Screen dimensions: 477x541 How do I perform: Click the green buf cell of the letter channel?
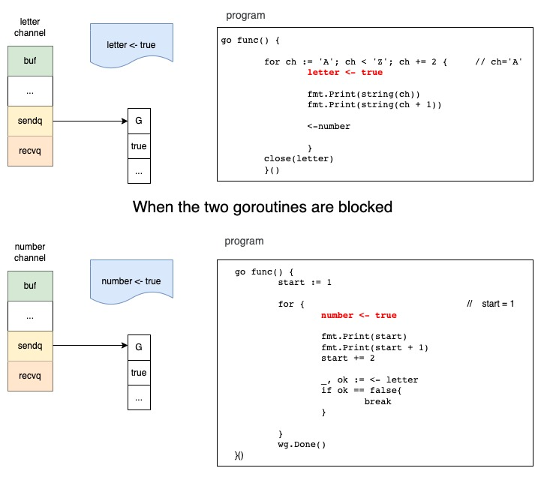[30, 61]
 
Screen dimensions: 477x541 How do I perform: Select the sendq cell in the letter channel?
[30, 121]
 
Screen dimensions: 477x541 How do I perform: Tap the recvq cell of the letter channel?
[30, 151]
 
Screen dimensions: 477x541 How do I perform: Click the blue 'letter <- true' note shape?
[132, 45]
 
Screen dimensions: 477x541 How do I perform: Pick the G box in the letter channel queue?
[138, 121]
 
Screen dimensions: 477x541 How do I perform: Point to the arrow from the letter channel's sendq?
[90, 121]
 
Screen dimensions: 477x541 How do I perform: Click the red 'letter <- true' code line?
[344, 72]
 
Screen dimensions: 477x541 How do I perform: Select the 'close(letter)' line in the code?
[299, 158]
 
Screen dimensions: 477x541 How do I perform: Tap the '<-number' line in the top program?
[329, 126]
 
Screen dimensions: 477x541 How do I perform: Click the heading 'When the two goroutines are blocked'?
[263, 207]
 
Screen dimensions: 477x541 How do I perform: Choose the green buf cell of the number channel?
[30, 286]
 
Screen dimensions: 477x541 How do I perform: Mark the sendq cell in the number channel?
[30, 346]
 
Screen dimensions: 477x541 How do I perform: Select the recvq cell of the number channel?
[30, 376]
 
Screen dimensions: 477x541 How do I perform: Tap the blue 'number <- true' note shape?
[132, 281]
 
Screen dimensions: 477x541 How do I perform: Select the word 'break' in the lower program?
[378, 401]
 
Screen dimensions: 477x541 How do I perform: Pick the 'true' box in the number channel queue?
[138, 373]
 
